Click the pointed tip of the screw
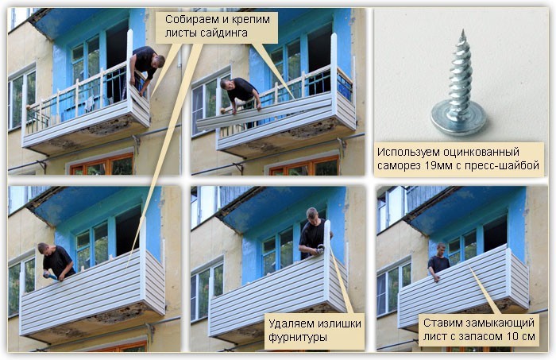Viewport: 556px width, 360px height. tap(462, 31)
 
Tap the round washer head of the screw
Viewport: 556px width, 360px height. tap(458, 119)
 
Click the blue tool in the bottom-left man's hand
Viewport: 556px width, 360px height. tap(49, 276)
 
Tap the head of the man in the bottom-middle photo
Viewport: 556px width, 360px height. tap(312, 215)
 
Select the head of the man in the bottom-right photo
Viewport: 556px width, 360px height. tap(441, 249)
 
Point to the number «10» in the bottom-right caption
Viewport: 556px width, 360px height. tap(511, 337)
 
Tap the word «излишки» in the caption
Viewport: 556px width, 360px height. tap(339, 323)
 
